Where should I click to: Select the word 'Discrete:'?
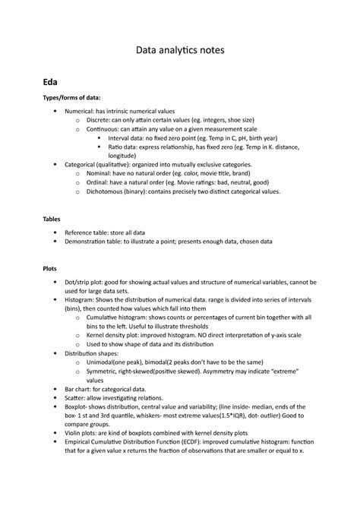pos(103,120)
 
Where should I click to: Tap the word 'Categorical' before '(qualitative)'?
pos(85,164)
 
